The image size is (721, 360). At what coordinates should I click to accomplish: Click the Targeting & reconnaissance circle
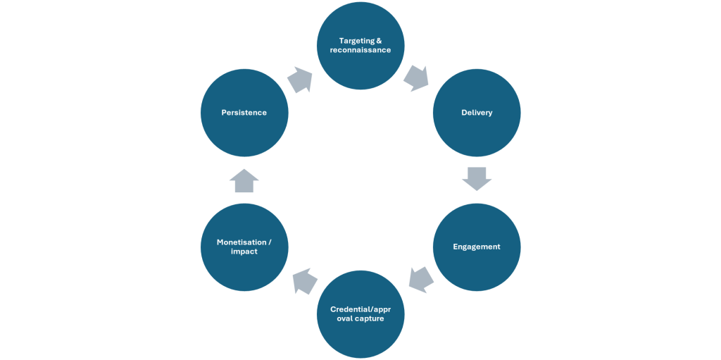click(360, 46)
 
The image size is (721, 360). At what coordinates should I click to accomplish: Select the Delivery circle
click(477, 113)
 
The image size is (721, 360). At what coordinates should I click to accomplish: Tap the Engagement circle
click(477, 247)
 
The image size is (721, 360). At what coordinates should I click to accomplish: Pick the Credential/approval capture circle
click(360, 314)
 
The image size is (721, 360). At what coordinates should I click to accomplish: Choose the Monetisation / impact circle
click(244, 247)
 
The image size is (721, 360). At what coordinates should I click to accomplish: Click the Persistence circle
click(244, 113)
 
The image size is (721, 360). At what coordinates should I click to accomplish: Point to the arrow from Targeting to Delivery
click(417, 78)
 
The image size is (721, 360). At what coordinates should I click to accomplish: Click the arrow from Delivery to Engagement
click(477, 179)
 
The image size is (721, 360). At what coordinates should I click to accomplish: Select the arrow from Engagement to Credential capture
click(420, 280)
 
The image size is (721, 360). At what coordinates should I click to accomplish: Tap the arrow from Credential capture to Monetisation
click(304, 281)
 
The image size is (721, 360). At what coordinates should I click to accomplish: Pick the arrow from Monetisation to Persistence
click(244, 180)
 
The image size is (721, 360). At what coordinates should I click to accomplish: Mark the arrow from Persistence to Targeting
click(300, 79)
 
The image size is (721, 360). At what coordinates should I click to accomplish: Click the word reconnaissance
click(360, 50)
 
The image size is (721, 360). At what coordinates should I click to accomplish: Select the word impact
click(244, 252)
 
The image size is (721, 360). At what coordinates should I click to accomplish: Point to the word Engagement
click(477, 247)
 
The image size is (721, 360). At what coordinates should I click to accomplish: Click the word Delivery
click(477, 113)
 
